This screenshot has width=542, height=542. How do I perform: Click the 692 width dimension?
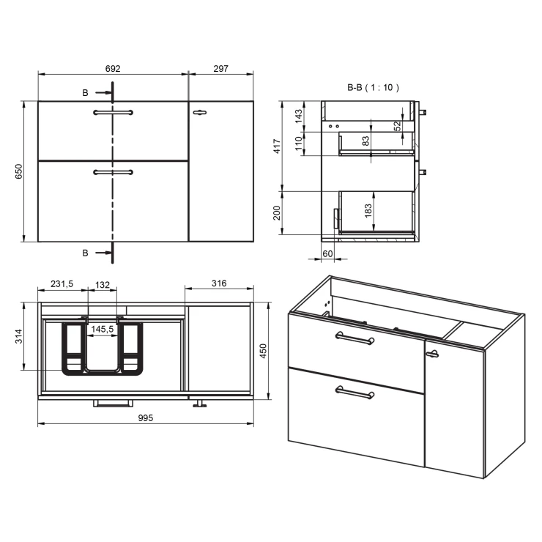[x=113, y=68]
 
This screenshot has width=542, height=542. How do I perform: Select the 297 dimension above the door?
[x=220, y=68]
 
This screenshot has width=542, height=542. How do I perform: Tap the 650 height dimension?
[x=18, y=171]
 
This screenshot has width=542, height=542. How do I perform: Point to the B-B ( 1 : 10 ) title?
[x=373, y=87]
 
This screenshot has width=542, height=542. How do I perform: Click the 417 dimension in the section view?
[x=277, y=146]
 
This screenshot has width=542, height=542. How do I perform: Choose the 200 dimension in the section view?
[x=277, y=213]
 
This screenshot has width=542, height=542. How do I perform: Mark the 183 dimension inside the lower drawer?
[x=368, y=211]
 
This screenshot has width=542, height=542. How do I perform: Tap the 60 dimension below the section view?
[x=327, y=253]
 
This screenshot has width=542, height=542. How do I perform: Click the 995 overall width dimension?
[x=146, y=418]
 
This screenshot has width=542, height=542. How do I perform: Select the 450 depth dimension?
[x=263, y=351]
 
